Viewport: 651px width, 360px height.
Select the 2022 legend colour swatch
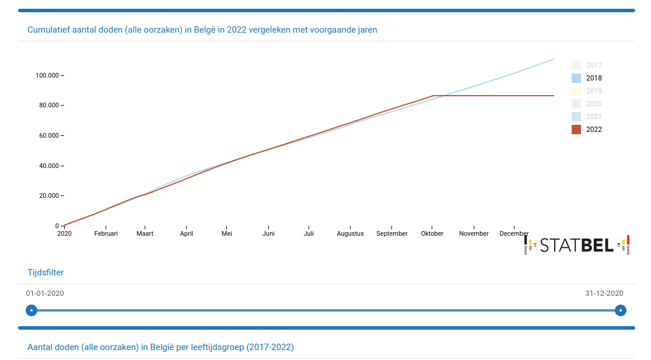576,130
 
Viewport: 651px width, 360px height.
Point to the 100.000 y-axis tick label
48,75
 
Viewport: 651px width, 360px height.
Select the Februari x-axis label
106,233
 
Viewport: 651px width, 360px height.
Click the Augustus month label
350,233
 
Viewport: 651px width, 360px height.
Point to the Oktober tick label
432,233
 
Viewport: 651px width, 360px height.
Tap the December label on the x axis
514,233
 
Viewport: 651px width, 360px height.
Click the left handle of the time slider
32,310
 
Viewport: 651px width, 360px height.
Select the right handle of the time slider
621,310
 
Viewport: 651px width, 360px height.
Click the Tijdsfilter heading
45,272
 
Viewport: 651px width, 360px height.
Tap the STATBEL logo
577,245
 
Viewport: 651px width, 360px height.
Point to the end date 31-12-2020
604,293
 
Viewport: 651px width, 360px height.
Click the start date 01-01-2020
45,293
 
